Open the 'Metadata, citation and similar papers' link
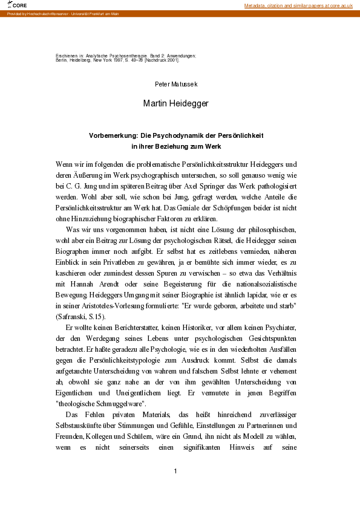pyautogui.click(x=298, y=5)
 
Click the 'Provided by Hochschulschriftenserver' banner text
pyautogui.click(x=63, y=13)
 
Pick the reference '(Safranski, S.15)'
pyautogui.click(x=81, y=316)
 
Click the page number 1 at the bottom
pyautogui.click(x=175, y=471)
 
